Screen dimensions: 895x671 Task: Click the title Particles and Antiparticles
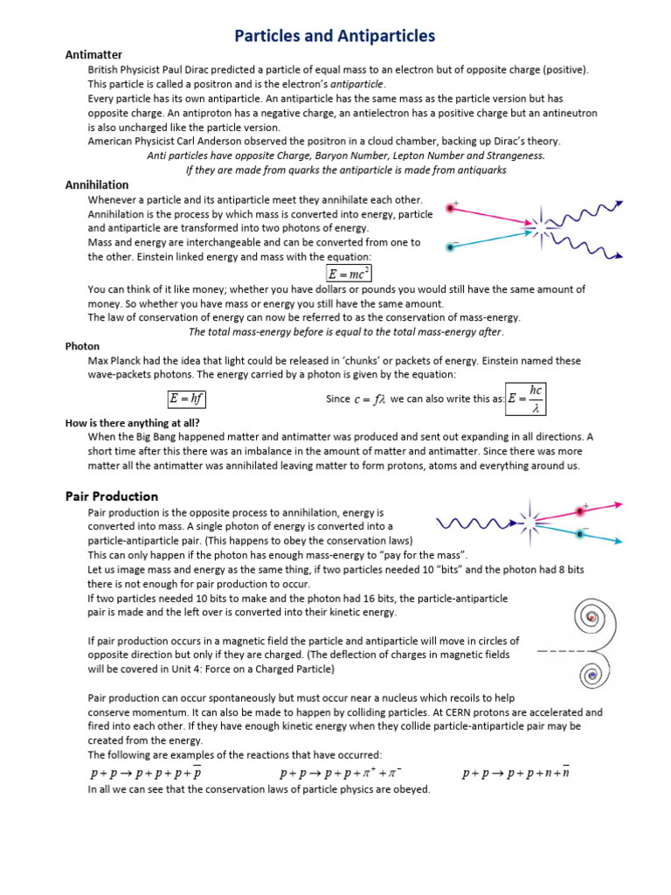click(335, 36)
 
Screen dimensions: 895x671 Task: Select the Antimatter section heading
click(93, 55)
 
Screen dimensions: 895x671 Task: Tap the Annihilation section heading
click(97, 184)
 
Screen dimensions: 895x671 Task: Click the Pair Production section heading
click(112, 496)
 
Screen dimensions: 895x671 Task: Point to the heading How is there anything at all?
click(133, 423)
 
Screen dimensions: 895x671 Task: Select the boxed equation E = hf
click(187, 399)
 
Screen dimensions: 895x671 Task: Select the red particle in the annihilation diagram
click(452, 208)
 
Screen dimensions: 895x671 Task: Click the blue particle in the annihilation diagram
click(450, 247)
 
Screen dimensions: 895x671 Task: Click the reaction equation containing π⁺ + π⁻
click(341, 773)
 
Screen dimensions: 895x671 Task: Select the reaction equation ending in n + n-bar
click(515, 773)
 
